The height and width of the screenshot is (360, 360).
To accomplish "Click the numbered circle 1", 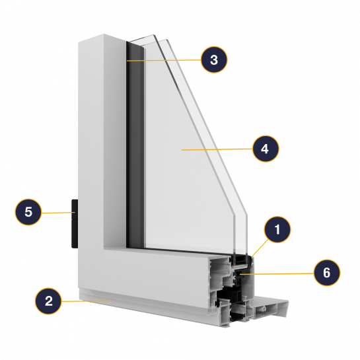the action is pyautogui.click(x=277, y=229).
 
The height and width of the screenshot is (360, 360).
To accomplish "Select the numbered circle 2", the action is pyautogui.click(x=48, y=301).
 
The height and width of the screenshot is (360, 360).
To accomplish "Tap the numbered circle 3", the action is pyautogui.click(x=214, y=59).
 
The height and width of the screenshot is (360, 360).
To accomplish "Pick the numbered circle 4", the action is pyautogui.click(x=266, y=149).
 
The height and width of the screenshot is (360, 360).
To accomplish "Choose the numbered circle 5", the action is pyautogui.click(x=28, y=211).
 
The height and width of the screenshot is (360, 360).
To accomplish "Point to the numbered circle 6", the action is pyautogui.click(x=327, y=273).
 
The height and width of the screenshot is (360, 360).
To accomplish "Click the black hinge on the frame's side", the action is pyautogui.click(x=75, y=224).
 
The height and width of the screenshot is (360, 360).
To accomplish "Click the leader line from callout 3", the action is pyautogui.click(x=164, y=60).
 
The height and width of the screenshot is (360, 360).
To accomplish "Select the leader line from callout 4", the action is pyautogui.click(x=217, y=149).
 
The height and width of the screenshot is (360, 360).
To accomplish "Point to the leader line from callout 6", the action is pyautogui.click(x=277, y=273).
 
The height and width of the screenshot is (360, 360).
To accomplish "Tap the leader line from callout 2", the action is pyautogui.click(x=87, y=301).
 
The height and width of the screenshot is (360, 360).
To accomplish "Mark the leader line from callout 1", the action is pyautogui.click(x=260, y=248).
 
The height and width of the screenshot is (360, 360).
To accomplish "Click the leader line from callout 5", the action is pyautogui.click(x=58, y=213).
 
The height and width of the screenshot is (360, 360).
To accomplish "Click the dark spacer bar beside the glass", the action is pyautogui.click(x=136, y=145).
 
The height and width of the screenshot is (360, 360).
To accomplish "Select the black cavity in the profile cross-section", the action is pyautogui.click(x=231, y=294).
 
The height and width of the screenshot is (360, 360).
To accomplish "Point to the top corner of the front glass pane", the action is pyautogui.click(x=153, y=35).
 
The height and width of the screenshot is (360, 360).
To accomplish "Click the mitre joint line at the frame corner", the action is pyautogui.click(x=91, y=268).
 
